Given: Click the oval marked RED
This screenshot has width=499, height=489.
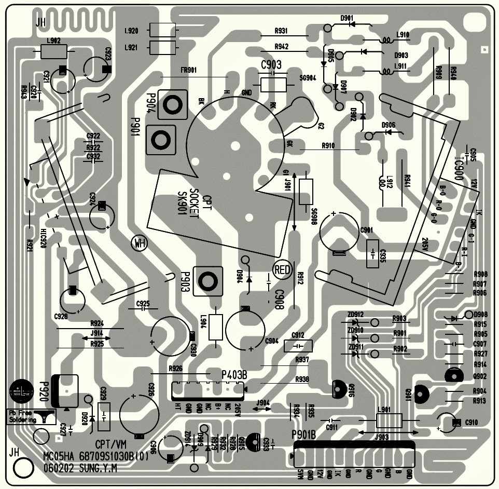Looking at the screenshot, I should click(x=283, y=269).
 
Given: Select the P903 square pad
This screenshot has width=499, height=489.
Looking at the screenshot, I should click(x=208, y=281).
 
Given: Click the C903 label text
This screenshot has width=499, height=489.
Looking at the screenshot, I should click(x=271, y=65).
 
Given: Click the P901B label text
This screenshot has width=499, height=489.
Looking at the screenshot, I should click(x=306, y=435).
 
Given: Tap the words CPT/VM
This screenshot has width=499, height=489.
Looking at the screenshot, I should click(x=111, y=444).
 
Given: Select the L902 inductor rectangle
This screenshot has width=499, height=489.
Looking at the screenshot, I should click(x=53, y=51).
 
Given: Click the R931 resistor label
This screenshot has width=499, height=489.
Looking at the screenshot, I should click(x=282, y=31).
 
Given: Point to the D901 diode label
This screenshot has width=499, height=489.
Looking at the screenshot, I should click(x=346, y=18).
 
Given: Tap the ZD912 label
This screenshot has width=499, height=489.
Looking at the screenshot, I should click(x=356, y=315).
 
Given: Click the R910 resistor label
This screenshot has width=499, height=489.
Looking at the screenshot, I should click(x=328, y=146).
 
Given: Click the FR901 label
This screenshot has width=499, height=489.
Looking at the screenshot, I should click(x=189, y=71).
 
